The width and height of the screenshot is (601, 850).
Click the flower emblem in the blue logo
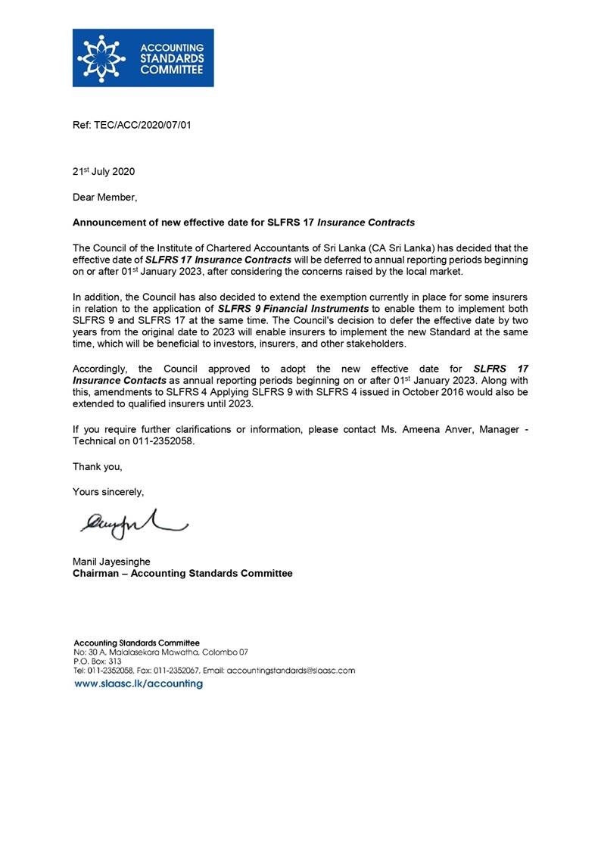pos(103,57)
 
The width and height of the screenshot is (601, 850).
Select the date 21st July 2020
pos(104,172)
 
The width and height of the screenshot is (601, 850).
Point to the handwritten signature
pos(129,523)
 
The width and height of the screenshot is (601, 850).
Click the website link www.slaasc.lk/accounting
pos(138,683)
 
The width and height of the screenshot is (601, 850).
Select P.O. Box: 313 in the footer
pos(92,661)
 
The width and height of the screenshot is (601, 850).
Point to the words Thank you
pos(97,466)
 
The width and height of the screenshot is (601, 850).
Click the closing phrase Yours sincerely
pos(108,492)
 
